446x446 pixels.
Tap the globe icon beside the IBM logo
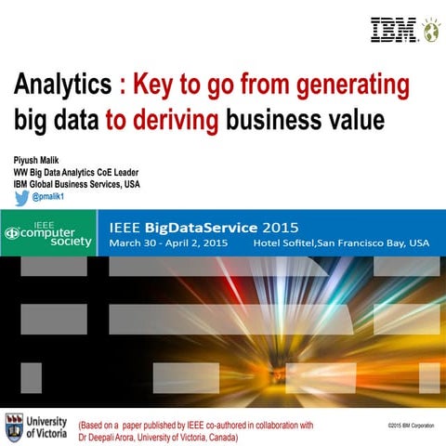click(x=429, y=30)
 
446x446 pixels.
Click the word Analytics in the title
click(x=62, y=85)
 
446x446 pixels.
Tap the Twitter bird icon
click(x=21, y=197)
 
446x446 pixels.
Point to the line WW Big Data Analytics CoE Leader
click(x=72, y=172)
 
